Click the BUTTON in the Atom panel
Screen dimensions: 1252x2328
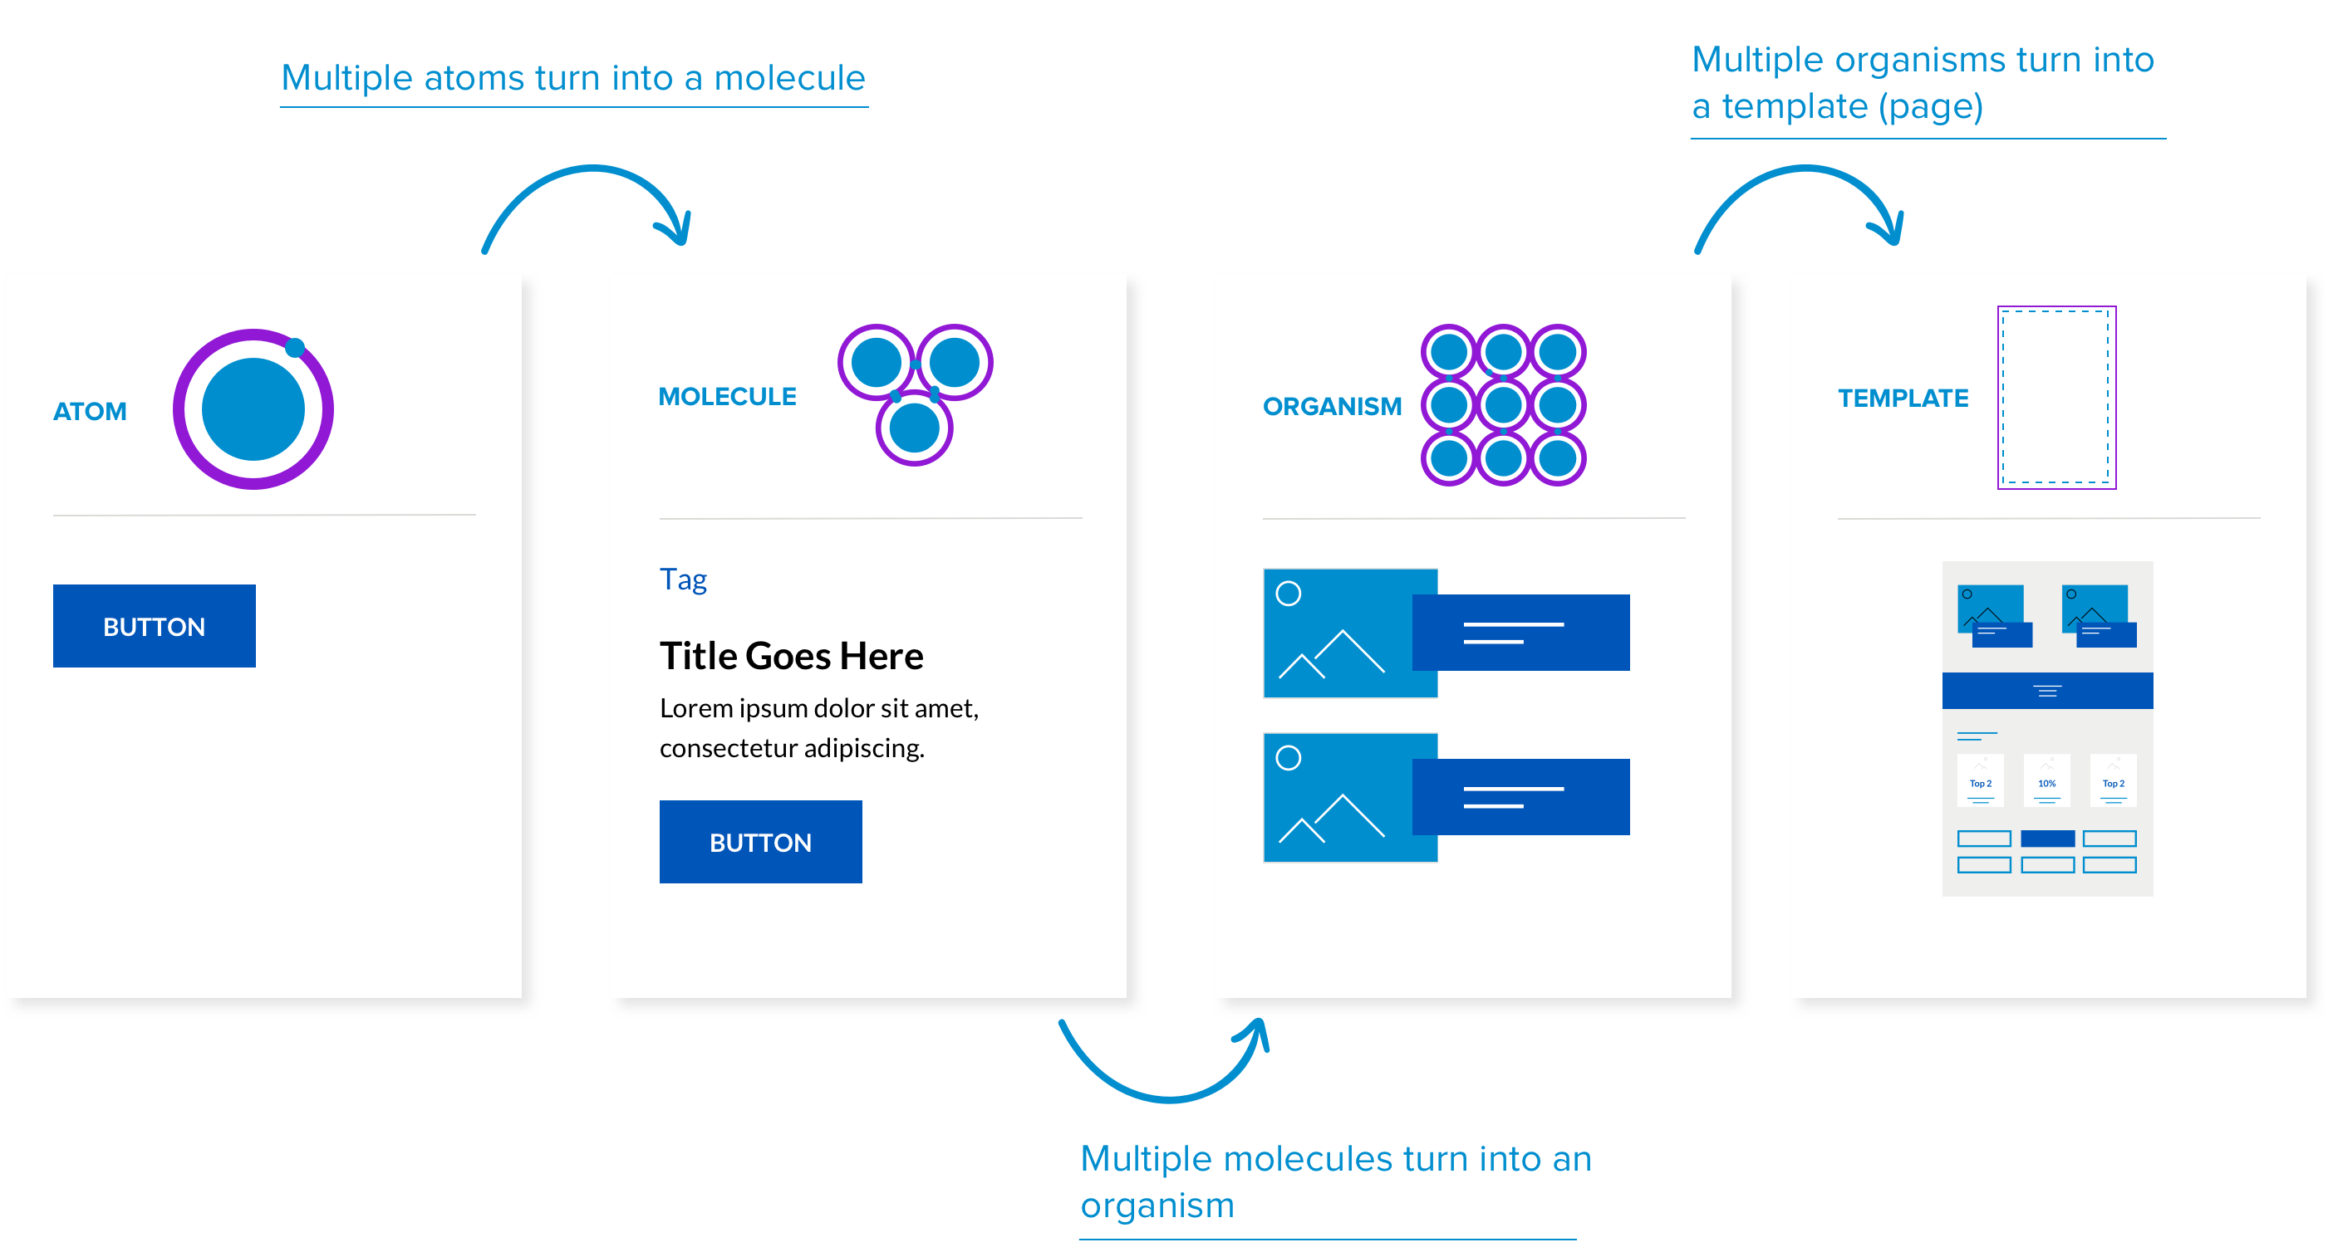tap(154, 626)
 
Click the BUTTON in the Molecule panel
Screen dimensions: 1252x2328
tap(760, 842)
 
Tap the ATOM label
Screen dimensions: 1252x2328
tap(90, 412)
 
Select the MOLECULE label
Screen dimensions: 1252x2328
tap(727, 397)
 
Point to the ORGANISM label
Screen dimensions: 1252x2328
tap(1331, 407)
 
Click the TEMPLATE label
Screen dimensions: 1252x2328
tap(1903, 399)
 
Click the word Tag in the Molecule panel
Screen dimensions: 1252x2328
tap(682, 579)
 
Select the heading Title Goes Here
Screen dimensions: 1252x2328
tap(791, 656)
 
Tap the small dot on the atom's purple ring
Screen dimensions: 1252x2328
tap(295, 348)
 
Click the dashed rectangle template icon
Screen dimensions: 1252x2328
tap(2056, 398)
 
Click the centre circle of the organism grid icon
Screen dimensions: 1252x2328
tap(1503, 404)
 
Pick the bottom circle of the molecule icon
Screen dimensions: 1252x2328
tap(914, 428)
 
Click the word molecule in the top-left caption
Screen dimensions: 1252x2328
tap(789, 79)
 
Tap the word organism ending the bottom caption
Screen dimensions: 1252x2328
tap(1157, 1206)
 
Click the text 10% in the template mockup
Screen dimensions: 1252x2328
tap(2047, 783)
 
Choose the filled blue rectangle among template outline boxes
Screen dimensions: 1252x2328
tap(2047, 839)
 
